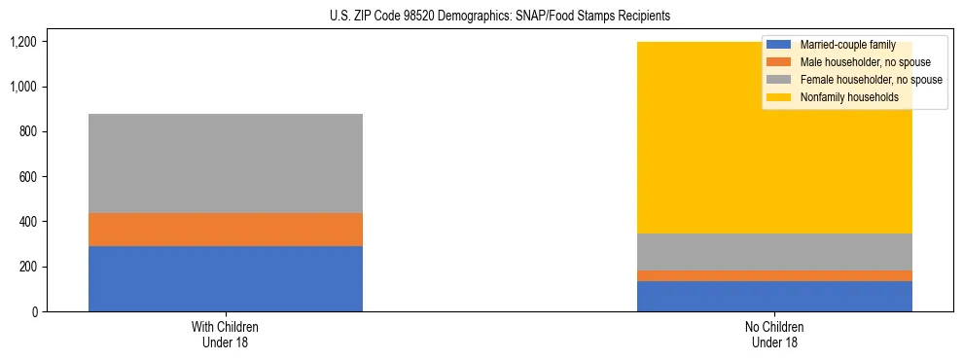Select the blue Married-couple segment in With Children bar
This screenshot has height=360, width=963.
click(226, 278)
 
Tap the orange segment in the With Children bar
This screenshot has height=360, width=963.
click(226, 230)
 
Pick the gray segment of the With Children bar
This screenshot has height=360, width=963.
click(226, 163)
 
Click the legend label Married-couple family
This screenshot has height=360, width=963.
click(847, 45)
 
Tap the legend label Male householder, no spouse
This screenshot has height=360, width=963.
click(865, 62)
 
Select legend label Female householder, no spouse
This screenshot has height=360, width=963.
click(871, 80)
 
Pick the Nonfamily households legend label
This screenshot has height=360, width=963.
click(849, 97)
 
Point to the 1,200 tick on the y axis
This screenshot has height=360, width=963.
click(23, 42)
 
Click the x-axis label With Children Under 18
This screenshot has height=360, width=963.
click(226, 334)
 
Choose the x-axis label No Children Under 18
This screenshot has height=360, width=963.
click(774, 334)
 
